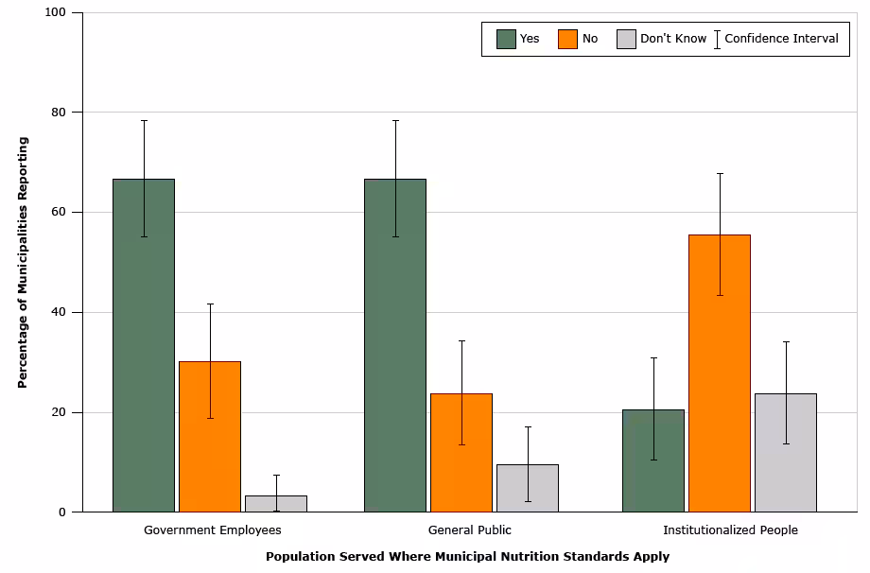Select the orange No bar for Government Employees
210,436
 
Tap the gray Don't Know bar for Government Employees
276,503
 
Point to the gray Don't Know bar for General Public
528,488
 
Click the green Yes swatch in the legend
506,39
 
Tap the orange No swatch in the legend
567,39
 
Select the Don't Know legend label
673,39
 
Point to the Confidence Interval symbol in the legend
717,39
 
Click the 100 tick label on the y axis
55,12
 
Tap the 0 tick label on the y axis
62,512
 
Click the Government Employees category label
212,530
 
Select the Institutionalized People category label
730,530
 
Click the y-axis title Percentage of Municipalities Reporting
23,262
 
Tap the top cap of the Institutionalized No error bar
720,173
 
